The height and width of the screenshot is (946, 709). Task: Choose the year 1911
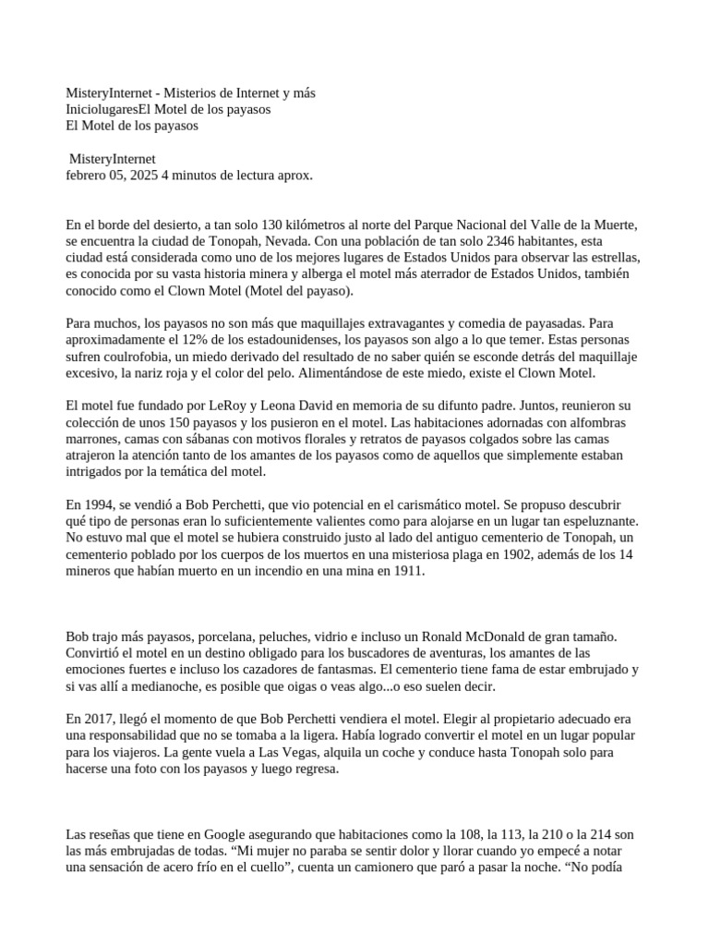pyautogui.click(x=405, y=571)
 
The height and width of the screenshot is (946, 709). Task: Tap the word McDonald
pyautogui.click(x=497, y=637)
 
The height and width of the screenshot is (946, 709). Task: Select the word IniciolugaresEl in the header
pyautogui.click(x=114, y=109)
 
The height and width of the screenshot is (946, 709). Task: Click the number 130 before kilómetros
pyautogui.click(x=274, y=224)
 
